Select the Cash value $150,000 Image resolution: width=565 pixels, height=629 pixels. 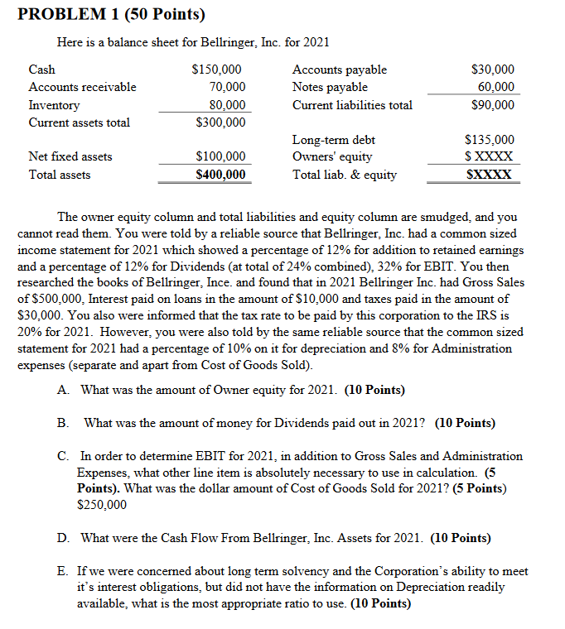click(x=216, y=70)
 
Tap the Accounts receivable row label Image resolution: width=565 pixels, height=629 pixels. click(x=82, y=87)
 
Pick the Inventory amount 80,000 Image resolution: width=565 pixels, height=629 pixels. click(x=227, y=105)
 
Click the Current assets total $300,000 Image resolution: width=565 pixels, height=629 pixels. click(x=220, y=122)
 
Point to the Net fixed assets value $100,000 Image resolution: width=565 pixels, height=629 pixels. click(x=220, y=156)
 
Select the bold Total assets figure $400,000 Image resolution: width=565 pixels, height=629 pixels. click(x=220, y=175)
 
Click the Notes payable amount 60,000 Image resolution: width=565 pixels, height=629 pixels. click(x=496, y=87)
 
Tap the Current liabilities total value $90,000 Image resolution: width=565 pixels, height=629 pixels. click(x=492, y=105)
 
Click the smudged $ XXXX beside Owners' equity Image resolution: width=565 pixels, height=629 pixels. click(x=489, y=156)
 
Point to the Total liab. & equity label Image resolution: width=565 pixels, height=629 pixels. click(x=344, y=175)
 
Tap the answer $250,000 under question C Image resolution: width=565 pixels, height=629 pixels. click(x=102, y=504)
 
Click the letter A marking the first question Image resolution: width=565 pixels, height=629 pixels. click(x=62, y=390)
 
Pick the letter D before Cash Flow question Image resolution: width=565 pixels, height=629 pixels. click(x=62, y=538)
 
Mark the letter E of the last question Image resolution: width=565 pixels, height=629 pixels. click(x=62, y=572)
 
